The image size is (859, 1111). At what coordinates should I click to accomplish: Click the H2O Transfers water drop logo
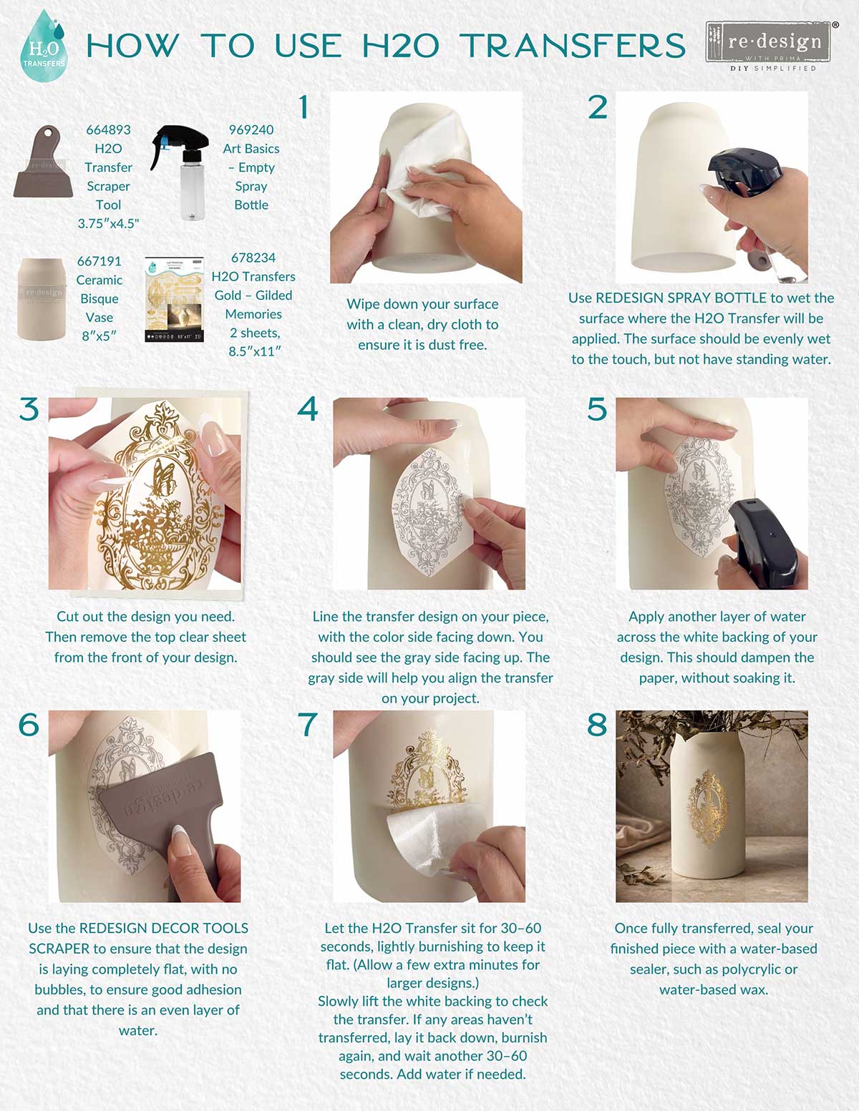click(44, 47)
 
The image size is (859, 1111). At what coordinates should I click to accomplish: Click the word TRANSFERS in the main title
click(573, 47)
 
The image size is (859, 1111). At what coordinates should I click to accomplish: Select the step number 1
click(304, 107)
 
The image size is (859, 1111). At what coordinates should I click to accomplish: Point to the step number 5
click(597, 410)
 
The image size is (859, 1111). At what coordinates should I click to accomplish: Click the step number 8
click(597, 725)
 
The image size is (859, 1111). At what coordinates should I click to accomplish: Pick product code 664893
click(108, 129)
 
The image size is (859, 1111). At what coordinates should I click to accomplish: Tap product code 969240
click(251, 129)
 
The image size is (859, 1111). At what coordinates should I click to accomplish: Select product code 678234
click(253, 258)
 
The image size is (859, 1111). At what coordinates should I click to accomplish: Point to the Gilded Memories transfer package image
click(174, 299)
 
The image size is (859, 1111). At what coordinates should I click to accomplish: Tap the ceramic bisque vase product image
click(41, 298)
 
